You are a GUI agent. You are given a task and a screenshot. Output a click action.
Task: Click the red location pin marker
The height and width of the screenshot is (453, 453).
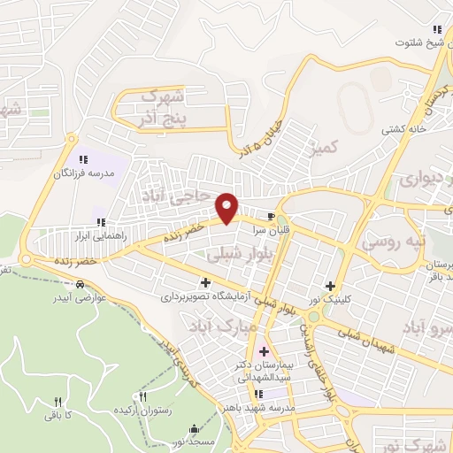point(227,207)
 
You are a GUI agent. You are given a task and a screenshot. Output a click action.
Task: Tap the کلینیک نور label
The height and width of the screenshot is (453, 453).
point(331,300)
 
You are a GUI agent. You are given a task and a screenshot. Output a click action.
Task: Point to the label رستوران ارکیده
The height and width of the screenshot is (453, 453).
point(143,411)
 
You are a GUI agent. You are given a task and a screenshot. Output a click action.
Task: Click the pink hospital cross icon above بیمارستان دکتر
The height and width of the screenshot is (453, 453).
point(264,353)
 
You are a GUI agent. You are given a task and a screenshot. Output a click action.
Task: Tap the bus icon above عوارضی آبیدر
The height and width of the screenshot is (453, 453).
point(81,285)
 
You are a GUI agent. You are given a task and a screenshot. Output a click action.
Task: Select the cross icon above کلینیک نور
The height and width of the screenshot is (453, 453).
point(331,286)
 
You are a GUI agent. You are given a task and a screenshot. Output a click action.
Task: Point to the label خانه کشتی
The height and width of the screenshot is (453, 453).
point(403,129)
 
